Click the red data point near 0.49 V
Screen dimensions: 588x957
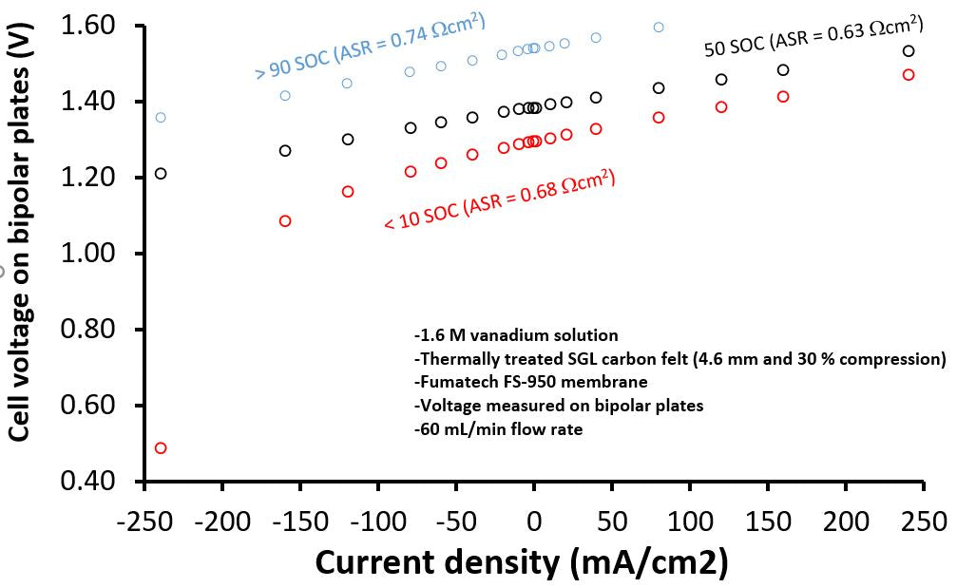(x=161, y=447)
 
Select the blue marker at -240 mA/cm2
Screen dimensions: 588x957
(x=161, y=117)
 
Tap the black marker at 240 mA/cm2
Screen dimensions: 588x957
(x=909, y=51)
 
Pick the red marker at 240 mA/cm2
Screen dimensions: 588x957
(x=909, y=74)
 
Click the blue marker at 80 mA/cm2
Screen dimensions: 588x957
(x=659, y=27)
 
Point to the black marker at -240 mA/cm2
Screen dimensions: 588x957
(x=161, y=173)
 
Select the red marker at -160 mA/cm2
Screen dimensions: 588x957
(x=285, y=220)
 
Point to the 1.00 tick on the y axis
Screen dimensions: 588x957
(x=95, y=254)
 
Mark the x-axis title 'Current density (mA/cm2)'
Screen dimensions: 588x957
(x=522, y=562)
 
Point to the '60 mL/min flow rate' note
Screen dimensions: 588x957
(x=498, y=428)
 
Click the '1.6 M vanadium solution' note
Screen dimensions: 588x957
(x=516, y=335)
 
